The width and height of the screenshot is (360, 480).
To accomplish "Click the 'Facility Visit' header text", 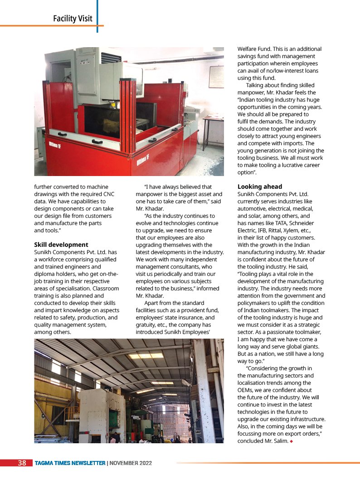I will tap(73, 19).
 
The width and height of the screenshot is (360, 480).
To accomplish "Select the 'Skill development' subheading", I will tap(61, 245).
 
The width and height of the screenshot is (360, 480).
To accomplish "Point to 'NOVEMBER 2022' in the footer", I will tap(131, 463).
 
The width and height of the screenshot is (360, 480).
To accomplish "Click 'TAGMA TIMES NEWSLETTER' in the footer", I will tap(70, 463).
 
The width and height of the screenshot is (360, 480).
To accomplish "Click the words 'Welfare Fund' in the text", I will tap(255, 49).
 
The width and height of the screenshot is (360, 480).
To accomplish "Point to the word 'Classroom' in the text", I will tap(104, 289).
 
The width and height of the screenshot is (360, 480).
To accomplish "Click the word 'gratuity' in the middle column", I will tap(147, 325).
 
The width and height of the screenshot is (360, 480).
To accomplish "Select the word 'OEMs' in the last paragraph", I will tap(246, 390).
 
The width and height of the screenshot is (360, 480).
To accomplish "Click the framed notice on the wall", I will tap(216, 77).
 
